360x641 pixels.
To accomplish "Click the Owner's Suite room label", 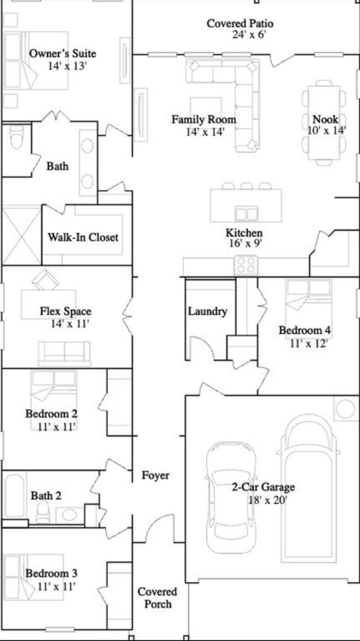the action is (63, 54).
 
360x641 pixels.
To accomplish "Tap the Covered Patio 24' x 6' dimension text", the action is (249, 34).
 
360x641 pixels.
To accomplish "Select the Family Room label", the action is (203, 120).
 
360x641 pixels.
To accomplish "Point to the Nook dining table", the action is (324, 122).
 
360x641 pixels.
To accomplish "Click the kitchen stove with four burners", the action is (245, 265).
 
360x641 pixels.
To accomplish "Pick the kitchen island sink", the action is (247, 214).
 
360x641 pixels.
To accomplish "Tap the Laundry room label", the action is (207, 311).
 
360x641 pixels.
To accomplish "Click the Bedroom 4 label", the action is (305, 330).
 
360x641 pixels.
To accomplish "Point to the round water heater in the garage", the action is (346, 409).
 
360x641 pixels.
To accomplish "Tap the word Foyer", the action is (155, 475).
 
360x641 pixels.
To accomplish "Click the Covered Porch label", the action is (157, 598).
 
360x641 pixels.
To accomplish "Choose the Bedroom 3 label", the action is (51, 573).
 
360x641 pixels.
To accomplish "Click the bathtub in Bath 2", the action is (15, 495).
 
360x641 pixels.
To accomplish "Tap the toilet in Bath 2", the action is (43, 512).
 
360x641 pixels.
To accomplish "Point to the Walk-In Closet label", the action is (83, 237).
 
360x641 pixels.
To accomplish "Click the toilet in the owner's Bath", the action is (17, 137).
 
